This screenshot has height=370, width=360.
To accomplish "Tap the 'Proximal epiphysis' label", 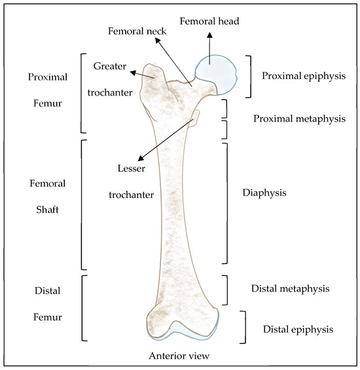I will pos(303,76).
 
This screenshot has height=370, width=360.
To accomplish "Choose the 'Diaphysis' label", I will pos(264,193).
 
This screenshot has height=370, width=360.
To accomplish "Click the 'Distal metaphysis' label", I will pos(290,288).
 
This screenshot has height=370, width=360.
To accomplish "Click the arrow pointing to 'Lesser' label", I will pos(167,137).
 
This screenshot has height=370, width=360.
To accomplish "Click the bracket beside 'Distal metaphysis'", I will pos(226,290).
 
